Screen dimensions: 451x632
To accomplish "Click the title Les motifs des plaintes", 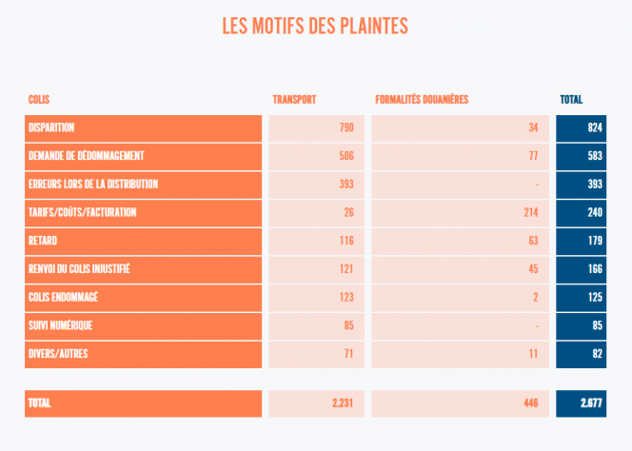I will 315,26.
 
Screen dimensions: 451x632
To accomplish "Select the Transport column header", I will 294,100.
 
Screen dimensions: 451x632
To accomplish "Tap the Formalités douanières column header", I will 422,100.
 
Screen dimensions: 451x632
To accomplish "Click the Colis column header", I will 39,100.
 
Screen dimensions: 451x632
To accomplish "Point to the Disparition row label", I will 51,127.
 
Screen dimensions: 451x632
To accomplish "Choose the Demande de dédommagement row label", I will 86,156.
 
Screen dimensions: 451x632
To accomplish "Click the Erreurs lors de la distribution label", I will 93,185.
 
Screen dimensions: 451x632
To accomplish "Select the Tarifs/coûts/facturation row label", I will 82,213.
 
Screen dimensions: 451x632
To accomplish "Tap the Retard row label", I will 43,242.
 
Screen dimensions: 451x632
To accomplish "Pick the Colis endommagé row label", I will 64,298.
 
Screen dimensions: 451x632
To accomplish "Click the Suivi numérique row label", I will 60,326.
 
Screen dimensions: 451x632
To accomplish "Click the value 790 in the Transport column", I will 346,127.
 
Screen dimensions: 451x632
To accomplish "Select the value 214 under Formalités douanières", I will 531,213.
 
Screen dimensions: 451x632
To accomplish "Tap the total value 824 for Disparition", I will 595,127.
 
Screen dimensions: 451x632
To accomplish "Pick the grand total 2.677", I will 592,403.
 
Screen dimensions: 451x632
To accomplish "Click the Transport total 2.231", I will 343,403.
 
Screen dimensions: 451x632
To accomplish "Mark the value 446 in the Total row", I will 531,403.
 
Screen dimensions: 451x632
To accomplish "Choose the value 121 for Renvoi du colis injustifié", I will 346,269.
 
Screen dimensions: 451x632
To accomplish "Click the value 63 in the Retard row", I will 533,242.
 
